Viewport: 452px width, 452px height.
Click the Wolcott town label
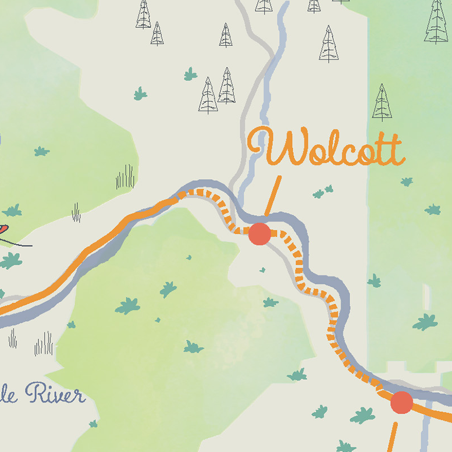point(326,148)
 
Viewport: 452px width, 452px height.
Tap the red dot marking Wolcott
point(259,234)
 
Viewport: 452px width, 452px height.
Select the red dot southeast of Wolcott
point(401,402)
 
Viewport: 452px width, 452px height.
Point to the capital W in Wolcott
point(268,147)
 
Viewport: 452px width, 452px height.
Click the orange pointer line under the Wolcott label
point(273,195)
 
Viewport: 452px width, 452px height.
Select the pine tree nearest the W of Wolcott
point(226,86)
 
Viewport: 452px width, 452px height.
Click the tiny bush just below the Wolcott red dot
point(262,270)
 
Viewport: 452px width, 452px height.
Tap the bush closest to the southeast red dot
point(363,415)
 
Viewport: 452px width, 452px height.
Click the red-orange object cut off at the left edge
point(3,229)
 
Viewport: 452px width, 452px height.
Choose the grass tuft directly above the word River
point(44,344)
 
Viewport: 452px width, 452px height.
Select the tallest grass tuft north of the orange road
point(125,177)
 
